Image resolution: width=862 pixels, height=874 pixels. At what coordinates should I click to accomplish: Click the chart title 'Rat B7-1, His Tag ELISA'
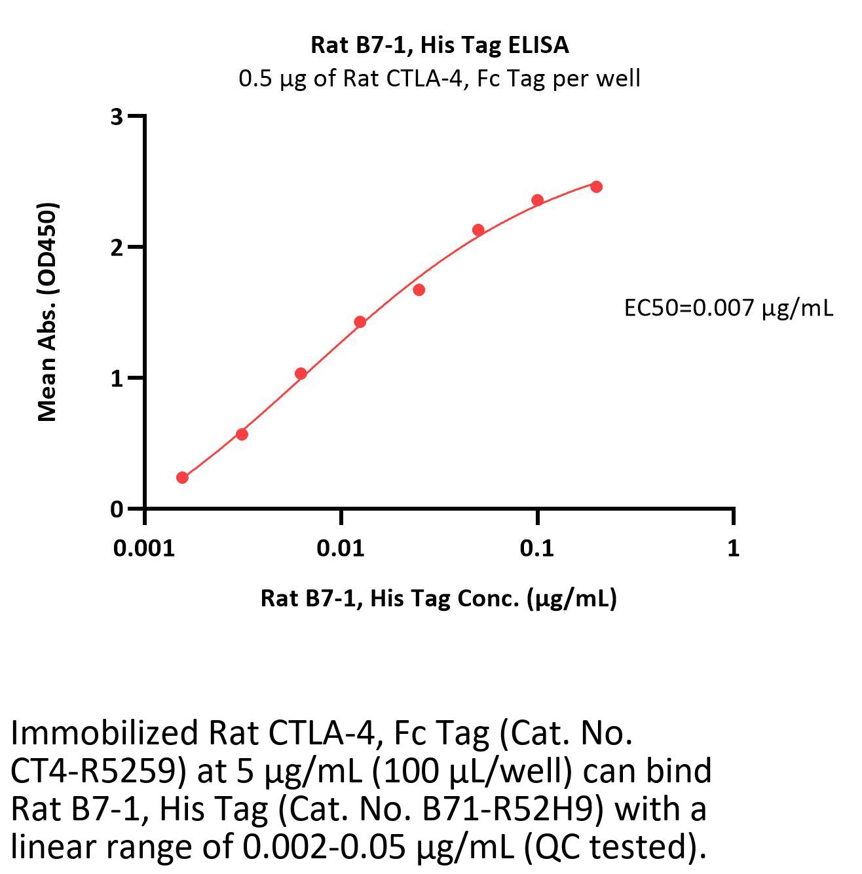pyautogui.click(x=440, y=45)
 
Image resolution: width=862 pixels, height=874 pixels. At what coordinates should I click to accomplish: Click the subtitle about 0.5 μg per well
pyautogui.click(x=440, y=79)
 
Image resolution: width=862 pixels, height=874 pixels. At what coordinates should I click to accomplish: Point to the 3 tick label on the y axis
pyautogui.click(x=117, y=117)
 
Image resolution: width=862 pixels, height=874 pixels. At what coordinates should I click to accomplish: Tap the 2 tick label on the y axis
pyautogui.click(x=117, y=247)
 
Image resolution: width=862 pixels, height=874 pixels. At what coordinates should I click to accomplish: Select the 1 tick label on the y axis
pyautogui.click(x=117, y=378)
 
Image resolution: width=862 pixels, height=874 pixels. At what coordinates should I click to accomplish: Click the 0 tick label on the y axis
pyautogui.click(x=117, y=509)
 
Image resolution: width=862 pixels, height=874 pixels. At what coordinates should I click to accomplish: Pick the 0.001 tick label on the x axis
pyautogui.click(x=144, y=549)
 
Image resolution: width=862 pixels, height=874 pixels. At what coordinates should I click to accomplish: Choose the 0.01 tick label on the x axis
pyautogui.click(x=341, y=549)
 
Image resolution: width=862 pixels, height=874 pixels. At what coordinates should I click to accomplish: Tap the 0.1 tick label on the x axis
pyautogui.click(x=536, y=549)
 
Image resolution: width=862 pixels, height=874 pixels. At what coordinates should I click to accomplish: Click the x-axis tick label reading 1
pyautogui.click(x=733, y=549)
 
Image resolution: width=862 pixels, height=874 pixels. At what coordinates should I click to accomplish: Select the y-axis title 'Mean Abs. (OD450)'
pyautogui.click(x=47, y=312)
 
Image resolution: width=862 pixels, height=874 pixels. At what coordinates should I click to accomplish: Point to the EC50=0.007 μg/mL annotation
pyautogui.click(x=728, y=307)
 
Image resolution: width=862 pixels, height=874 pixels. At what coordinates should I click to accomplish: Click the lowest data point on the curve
pyautogui.click(x=182, y=478)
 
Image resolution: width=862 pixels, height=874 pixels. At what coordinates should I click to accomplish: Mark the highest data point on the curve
pyautogui.click(x=596, y=187)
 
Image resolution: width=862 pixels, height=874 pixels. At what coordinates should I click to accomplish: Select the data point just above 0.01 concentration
pyautogui.click(x=360, y=321)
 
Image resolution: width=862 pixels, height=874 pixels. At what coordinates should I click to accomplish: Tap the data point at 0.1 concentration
pyautogui.click(x=537, y=200)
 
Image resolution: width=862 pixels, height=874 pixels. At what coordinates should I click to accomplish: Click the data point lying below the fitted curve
pyautogui.click(x=419, y=289)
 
